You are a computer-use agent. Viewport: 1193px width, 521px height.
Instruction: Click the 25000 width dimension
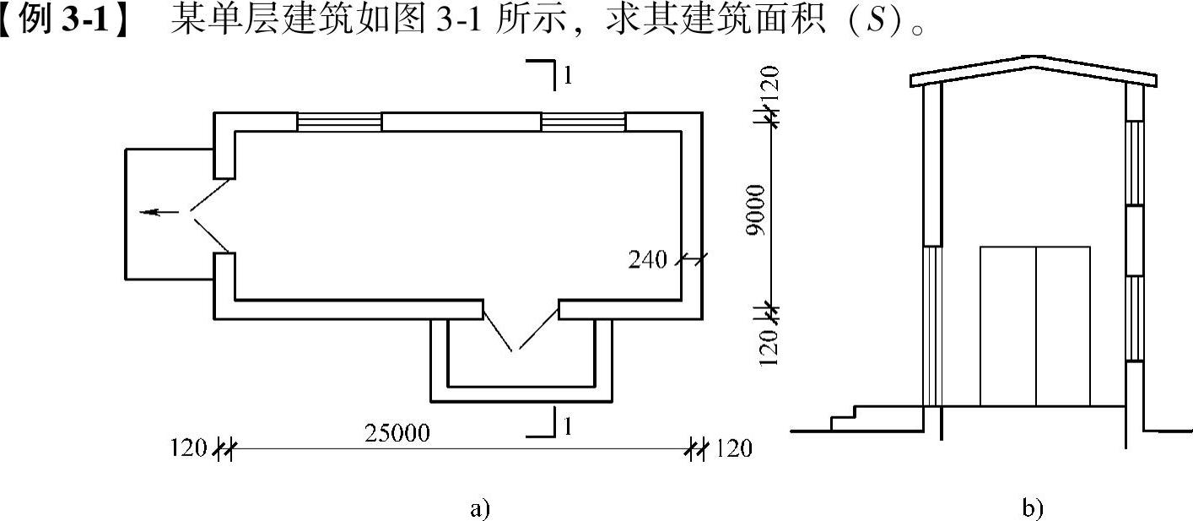tap(397, 434)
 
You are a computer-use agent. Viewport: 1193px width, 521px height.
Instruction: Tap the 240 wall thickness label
tap(648, 260)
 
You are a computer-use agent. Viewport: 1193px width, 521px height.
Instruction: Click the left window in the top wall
tap(339, 122)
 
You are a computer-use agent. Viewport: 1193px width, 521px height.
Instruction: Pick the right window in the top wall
tap(583, 122)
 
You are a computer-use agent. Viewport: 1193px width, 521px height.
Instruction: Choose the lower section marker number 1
tap(569, 428)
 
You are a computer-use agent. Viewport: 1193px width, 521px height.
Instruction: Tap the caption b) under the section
tap(1032, 508)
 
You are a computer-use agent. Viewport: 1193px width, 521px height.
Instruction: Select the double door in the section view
tap(1035, 326)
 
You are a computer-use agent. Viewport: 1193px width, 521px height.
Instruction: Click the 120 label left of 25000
tap(187, 448)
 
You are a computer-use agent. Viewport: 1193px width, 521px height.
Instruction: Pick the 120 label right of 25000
tap(732, 448)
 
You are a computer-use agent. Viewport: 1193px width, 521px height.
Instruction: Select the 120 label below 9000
tap(769, 348)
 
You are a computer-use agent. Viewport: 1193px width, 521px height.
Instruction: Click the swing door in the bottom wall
tap(521, 328)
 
